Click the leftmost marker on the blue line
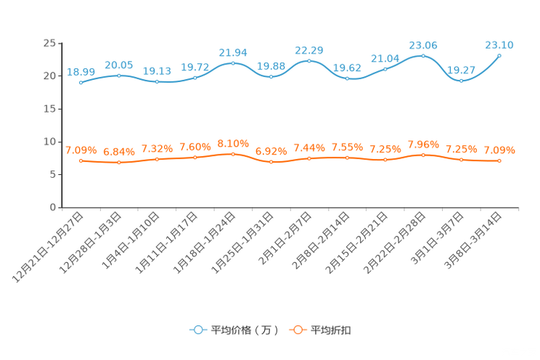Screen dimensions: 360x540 click(x=81, y=82)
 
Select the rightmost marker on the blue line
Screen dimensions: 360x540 click(x=499, y=55)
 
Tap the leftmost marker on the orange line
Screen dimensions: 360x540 click(x=81, y=160)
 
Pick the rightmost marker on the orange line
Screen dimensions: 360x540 click(x=499, y=160)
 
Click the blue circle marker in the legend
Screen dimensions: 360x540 click(x=197, y=330)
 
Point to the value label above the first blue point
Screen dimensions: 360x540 click(x=81, y=71)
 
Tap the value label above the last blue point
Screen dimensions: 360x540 click(x=499, y=45)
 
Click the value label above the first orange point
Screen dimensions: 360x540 click(x=81, y=150)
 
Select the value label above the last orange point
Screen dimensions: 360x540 click(x=499, y=150)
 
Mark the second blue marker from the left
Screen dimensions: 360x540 click(x=119, y=75)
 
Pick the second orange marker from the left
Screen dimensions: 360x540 click(x=119, y=163)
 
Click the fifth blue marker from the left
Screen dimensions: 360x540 click(x=233, y=62)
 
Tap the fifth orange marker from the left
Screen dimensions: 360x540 click(x=233, y=154)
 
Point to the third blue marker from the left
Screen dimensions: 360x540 click(x=157, y=81)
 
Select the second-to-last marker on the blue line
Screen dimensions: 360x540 click(x=461, y=80)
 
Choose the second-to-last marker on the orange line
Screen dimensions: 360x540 click(x=461, y=159)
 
